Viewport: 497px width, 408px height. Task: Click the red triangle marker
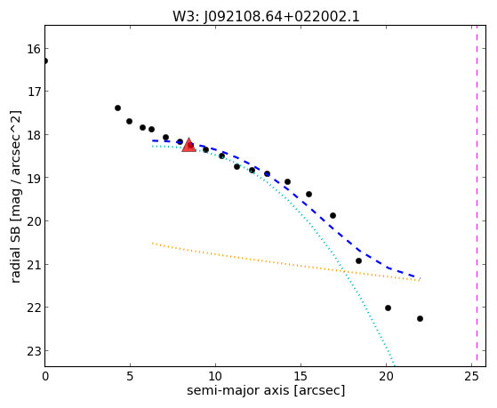coord(188,145)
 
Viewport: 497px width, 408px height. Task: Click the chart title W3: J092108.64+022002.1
coord(266,16)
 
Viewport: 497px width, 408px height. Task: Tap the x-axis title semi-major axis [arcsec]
coord(266,390)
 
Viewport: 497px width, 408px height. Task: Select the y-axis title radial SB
coord(15,249)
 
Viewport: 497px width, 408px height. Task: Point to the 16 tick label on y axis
coord(34,49)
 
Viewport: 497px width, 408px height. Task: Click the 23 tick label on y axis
coord(34,351)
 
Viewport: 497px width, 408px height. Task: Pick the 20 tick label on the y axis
coord(34,221)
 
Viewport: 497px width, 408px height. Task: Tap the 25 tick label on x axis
coord(471,376)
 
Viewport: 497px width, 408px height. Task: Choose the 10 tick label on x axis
coord(215,376)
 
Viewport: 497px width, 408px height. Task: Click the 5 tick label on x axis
coord(130,376)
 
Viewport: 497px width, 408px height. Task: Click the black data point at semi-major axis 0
coord(45,60)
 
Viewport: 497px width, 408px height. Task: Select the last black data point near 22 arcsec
coord(420,318)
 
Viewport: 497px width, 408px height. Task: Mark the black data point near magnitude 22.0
coord(388,308)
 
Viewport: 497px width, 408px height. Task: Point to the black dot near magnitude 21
coord(359,261)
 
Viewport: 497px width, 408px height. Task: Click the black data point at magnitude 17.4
coord(117,108)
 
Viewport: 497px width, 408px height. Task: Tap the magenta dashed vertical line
coord(477,196)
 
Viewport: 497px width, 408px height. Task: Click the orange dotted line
coord(286,262)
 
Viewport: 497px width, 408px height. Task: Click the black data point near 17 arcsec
coord(333,216)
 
